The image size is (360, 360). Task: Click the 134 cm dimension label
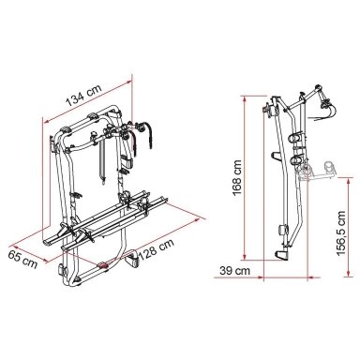83,95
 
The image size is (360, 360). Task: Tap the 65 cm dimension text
22,259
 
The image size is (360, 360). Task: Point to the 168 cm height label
237,177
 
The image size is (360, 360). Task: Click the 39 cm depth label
234,270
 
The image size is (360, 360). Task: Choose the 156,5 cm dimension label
341,233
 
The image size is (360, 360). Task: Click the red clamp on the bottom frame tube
103,266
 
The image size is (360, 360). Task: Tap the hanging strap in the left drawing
103,162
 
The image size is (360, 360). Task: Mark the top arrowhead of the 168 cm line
245,98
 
